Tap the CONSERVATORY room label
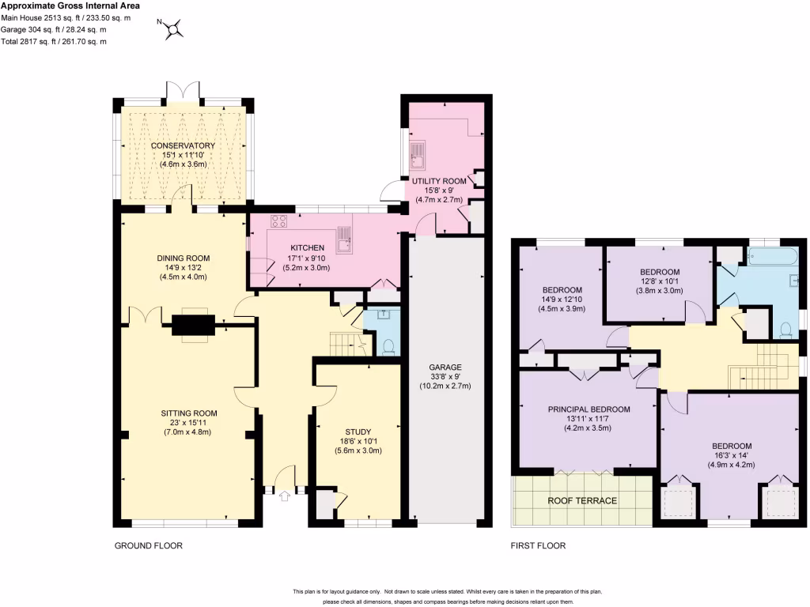coord(183,146)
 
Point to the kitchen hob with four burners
coord(280,222)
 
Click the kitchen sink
coord(344,238)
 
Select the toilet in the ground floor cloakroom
coord(388,346)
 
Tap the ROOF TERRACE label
coord(582,500)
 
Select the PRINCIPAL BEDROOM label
coord(589,409)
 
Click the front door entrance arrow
coord(286,496)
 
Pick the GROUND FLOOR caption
coord(149,545)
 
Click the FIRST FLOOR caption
coord(539,545)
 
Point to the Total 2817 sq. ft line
coord(53,41)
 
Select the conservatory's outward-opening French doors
coord(184,90)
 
